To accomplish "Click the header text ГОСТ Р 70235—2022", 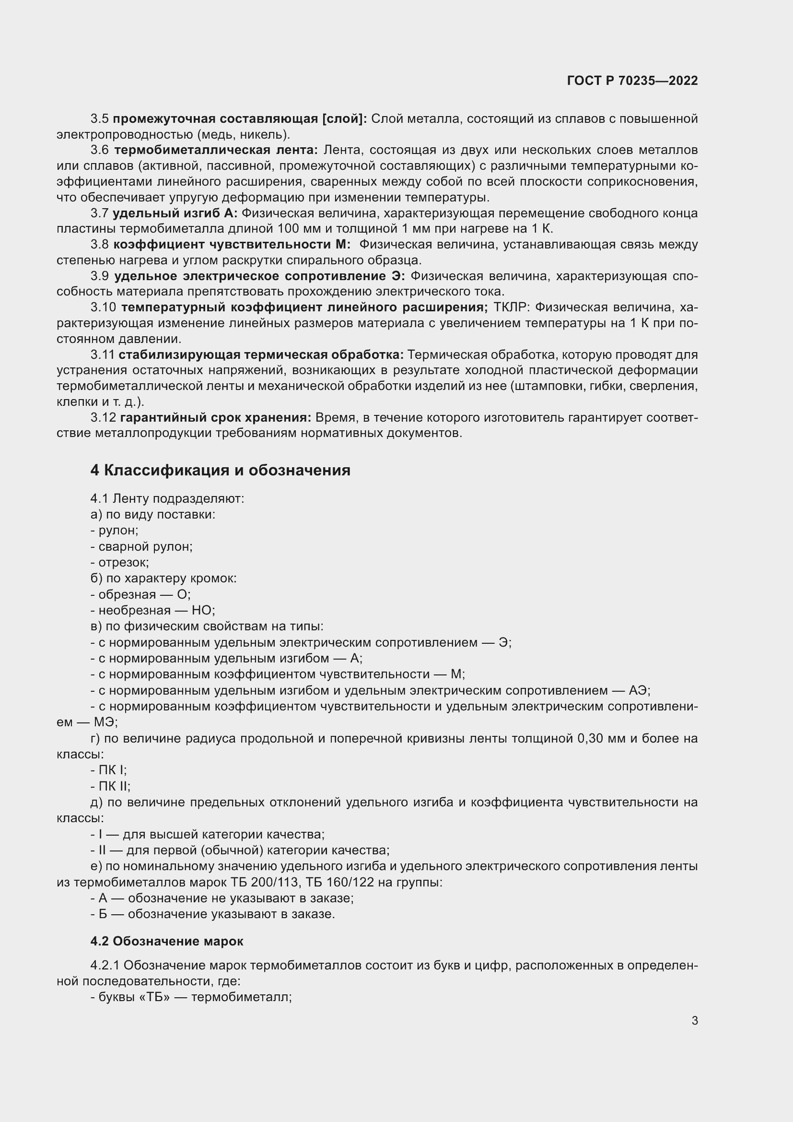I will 632,81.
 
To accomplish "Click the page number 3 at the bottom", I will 694,1020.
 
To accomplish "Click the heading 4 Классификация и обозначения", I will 220,470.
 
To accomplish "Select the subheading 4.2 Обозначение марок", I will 166,941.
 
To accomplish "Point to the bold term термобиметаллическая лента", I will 216,150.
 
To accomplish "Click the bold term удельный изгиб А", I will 175,213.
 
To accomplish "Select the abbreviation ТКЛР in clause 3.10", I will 511,307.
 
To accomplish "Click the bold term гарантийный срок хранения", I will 215,417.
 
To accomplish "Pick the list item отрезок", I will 123,563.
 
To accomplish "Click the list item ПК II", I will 114,786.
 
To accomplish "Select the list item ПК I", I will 112,770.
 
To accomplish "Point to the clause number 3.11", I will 103,354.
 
